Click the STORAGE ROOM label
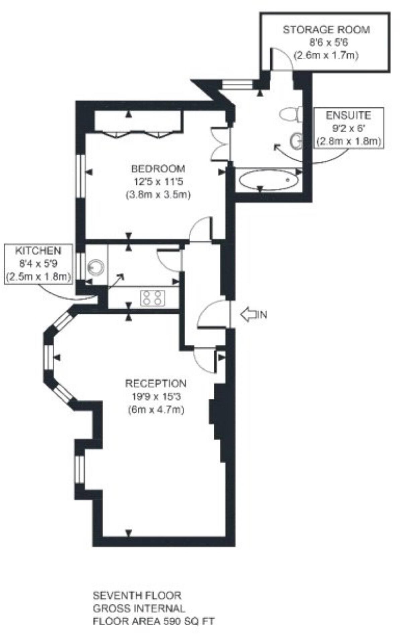coord(326,30)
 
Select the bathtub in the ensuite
coord(268,179)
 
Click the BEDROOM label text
coord(158,169)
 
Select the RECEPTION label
coord(156,383)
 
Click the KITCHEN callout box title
coord(38,251)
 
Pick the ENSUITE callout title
coord(348,115)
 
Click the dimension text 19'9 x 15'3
coord(156,397)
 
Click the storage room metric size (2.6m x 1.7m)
coord(326,55)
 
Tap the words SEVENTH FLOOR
coord(137,595)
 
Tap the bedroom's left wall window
coord(80,176)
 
